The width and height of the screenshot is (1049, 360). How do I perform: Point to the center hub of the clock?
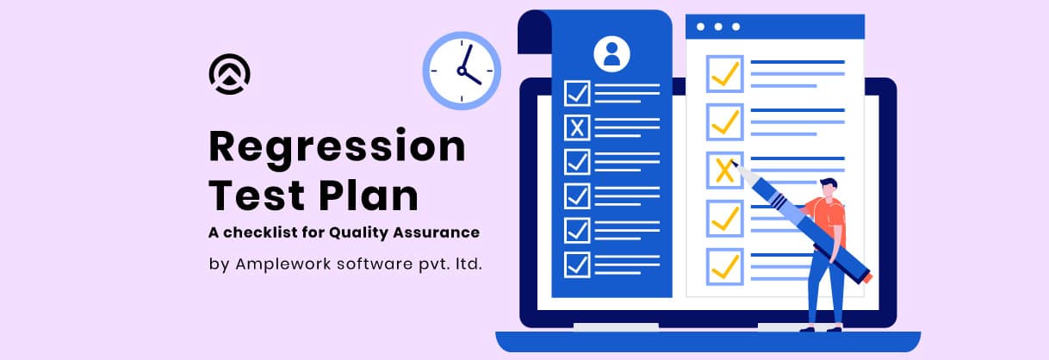(462, 71)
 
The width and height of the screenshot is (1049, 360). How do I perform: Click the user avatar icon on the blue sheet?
(611, 54)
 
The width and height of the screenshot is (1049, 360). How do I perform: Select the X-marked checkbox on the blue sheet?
(577, 127)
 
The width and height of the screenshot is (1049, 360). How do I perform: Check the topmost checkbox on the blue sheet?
(577, 93)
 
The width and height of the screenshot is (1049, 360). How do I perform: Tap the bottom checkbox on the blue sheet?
(577, 265)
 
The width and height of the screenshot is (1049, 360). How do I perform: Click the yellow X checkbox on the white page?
(724, 170)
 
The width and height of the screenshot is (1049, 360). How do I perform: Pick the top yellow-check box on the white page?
(724, 74)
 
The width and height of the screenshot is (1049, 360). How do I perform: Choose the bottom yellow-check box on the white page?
(724, 267)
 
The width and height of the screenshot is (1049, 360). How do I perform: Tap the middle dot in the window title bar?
(718, 27)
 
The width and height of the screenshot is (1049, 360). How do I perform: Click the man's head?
(829, 188)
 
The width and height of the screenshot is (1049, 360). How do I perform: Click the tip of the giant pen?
(732, 162)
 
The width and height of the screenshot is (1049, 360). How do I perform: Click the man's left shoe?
(807, 330)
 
